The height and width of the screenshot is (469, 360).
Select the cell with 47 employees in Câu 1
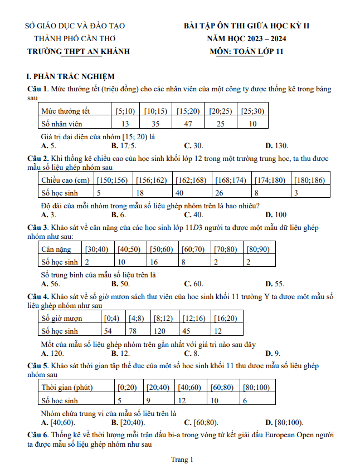[x=187, y=124]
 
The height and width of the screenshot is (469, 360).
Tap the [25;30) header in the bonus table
[x=252, y=111]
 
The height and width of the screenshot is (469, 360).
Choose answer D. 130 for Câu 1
[x=277, y=146]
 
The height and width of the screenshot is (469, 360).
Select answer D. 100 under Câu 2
[x=276, y=214]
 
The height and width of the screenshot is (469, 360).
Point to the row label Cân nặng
[x=56, y=248]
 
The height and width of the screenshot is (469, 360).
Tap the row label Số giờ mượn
[x=62, y=318]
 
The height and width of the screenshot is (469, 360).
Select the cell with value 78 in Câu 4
[x=133, y=331]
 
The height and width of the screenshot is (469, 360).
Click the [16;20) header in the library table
[x=225, y=318]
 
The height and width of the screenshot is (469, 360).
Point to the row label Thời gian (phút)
[x=67, y=387]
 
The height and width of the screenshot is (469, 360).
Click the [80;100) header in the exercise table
[x=256, y=387]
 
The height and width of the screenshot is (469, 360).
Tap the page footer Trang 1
[x=182, y=460]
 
